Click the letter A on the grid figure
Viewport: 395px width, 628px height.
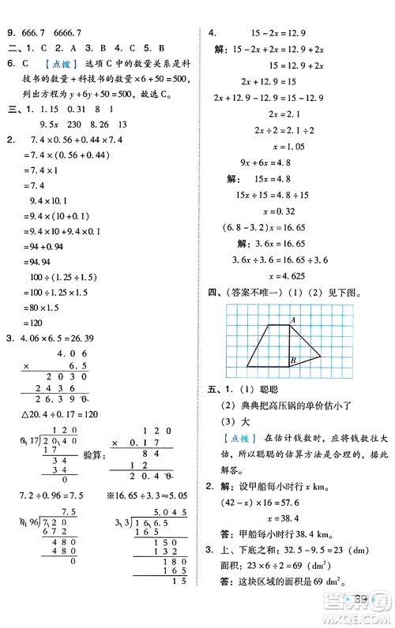[292, 320]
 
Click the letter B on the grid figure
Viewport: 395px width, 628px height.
[292, 361]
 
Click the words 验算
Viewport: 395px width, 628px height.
[92, 455]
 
